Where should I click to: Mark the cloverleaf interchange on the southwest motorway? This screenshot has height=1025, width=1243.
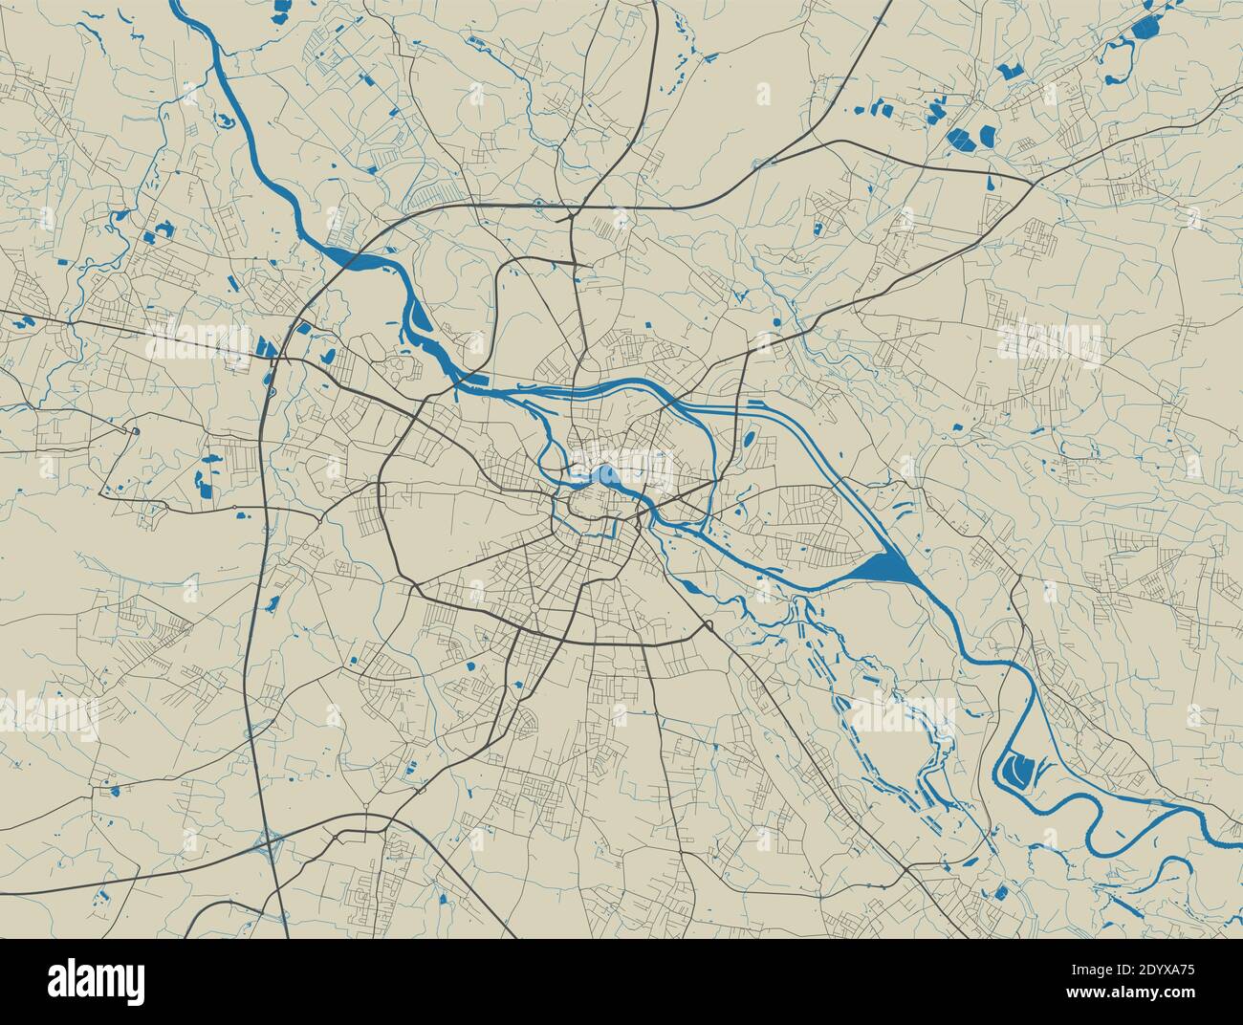271,841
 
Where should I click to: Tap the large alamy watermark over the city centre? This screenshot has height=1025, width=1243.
621,469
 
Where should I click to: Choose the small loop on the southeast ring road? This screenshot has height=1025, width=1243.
709,626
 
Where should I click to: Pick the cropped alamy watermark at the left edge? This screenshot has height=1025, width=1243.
48,712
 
